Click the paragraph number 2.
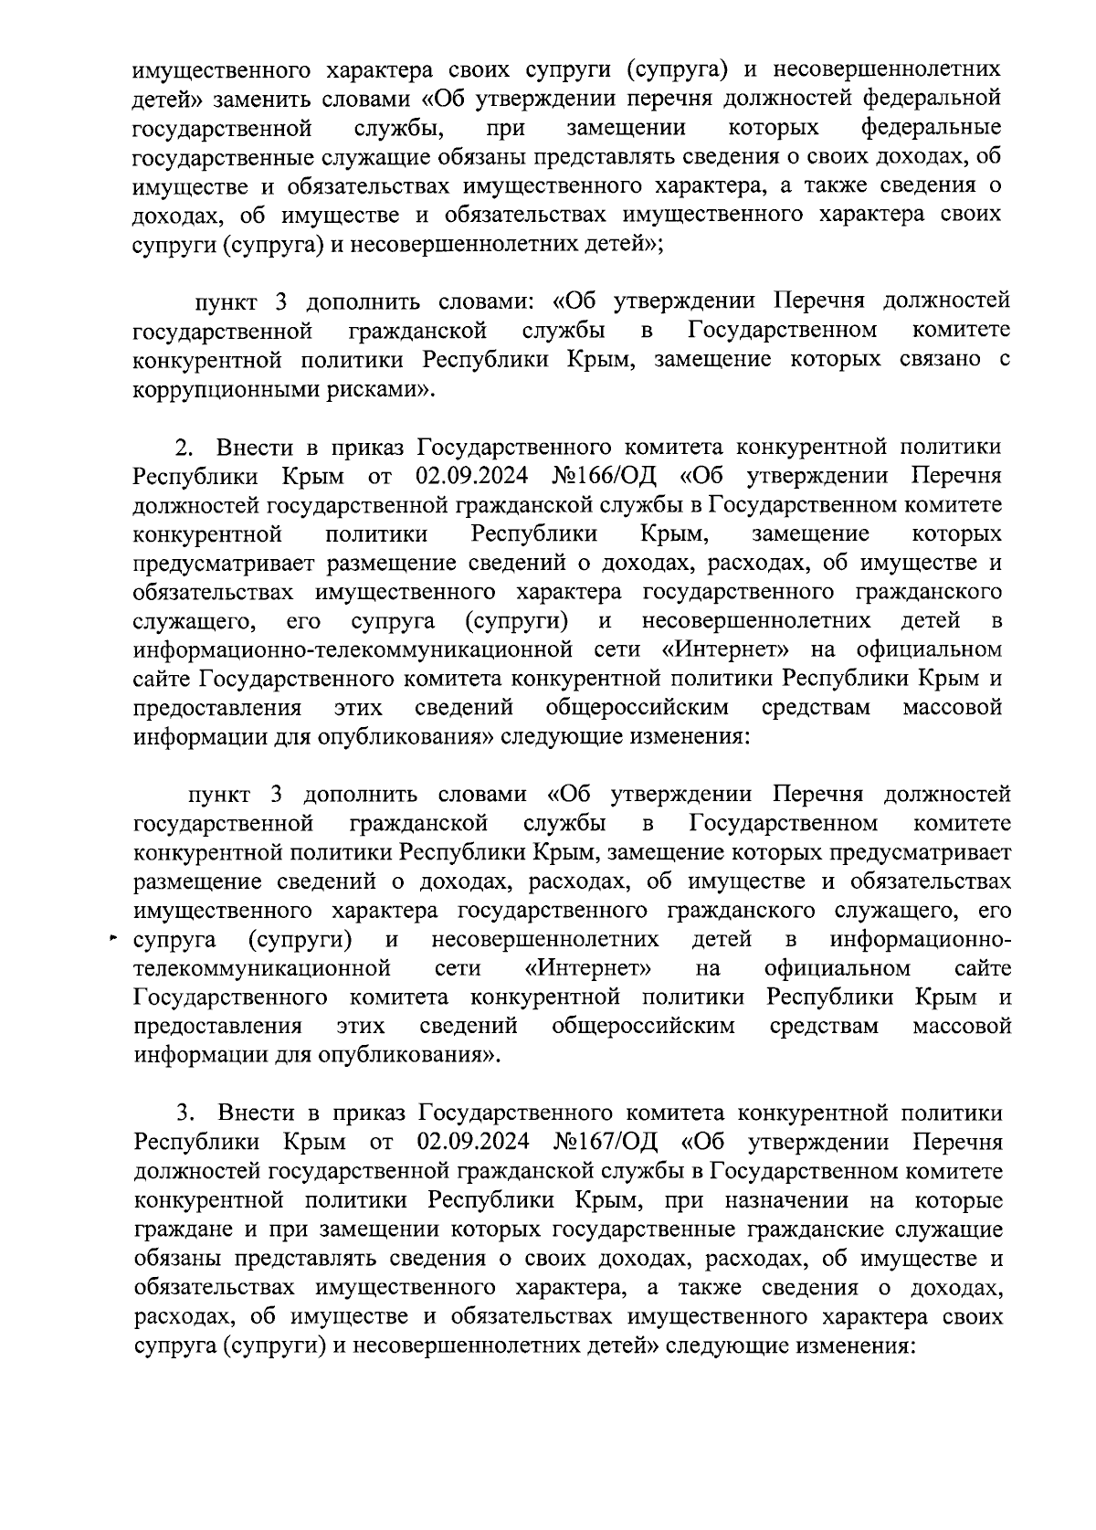pos(183,447)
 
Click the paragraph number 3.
pos(184,1113)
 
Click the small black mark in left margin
pos(113,938)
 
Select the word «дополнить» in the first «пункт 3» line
pos(362,301)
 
